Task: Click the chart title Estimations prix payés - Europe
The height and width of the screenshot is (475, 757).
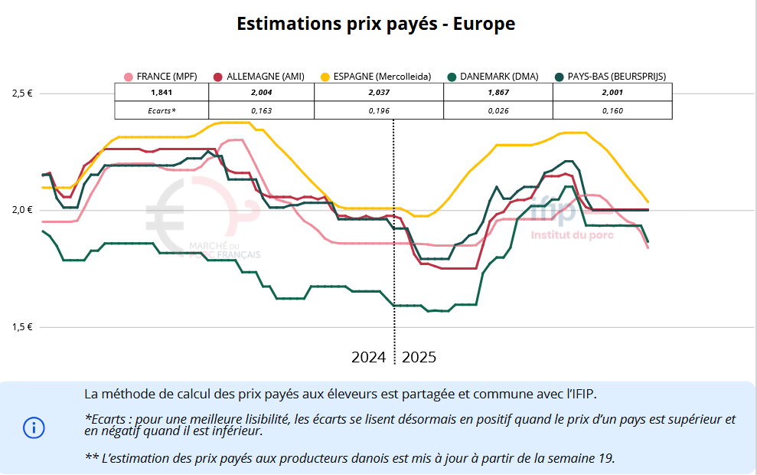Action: point(376,24)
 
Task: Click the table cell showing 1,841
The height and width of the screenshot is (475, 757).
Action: point(161,93)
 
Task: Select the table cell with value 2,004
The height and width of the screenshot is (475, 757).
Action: point(260,93)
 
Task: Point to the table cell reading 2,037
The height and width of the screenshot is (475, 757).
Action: point(378,93)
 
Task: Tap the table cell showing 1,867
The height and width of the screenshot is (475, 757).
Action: point(498,93)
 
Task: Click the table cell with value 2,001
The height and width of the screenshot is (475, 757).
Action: point(612,93)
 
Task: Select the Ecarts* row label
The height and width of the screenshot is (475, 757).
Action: point(162,111)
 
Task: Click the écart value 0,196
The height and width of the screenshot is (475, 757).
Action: point(378,111)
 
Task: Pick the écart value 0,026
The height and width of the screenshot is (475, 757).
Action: point(498,111)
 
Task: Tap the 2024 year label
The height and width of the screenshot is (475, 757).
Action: point(368,357)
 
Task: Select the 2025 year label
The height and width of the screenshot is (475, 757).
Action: point(419,357)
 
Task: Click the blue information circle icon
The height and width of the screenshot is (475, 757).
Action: point(34,427)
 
